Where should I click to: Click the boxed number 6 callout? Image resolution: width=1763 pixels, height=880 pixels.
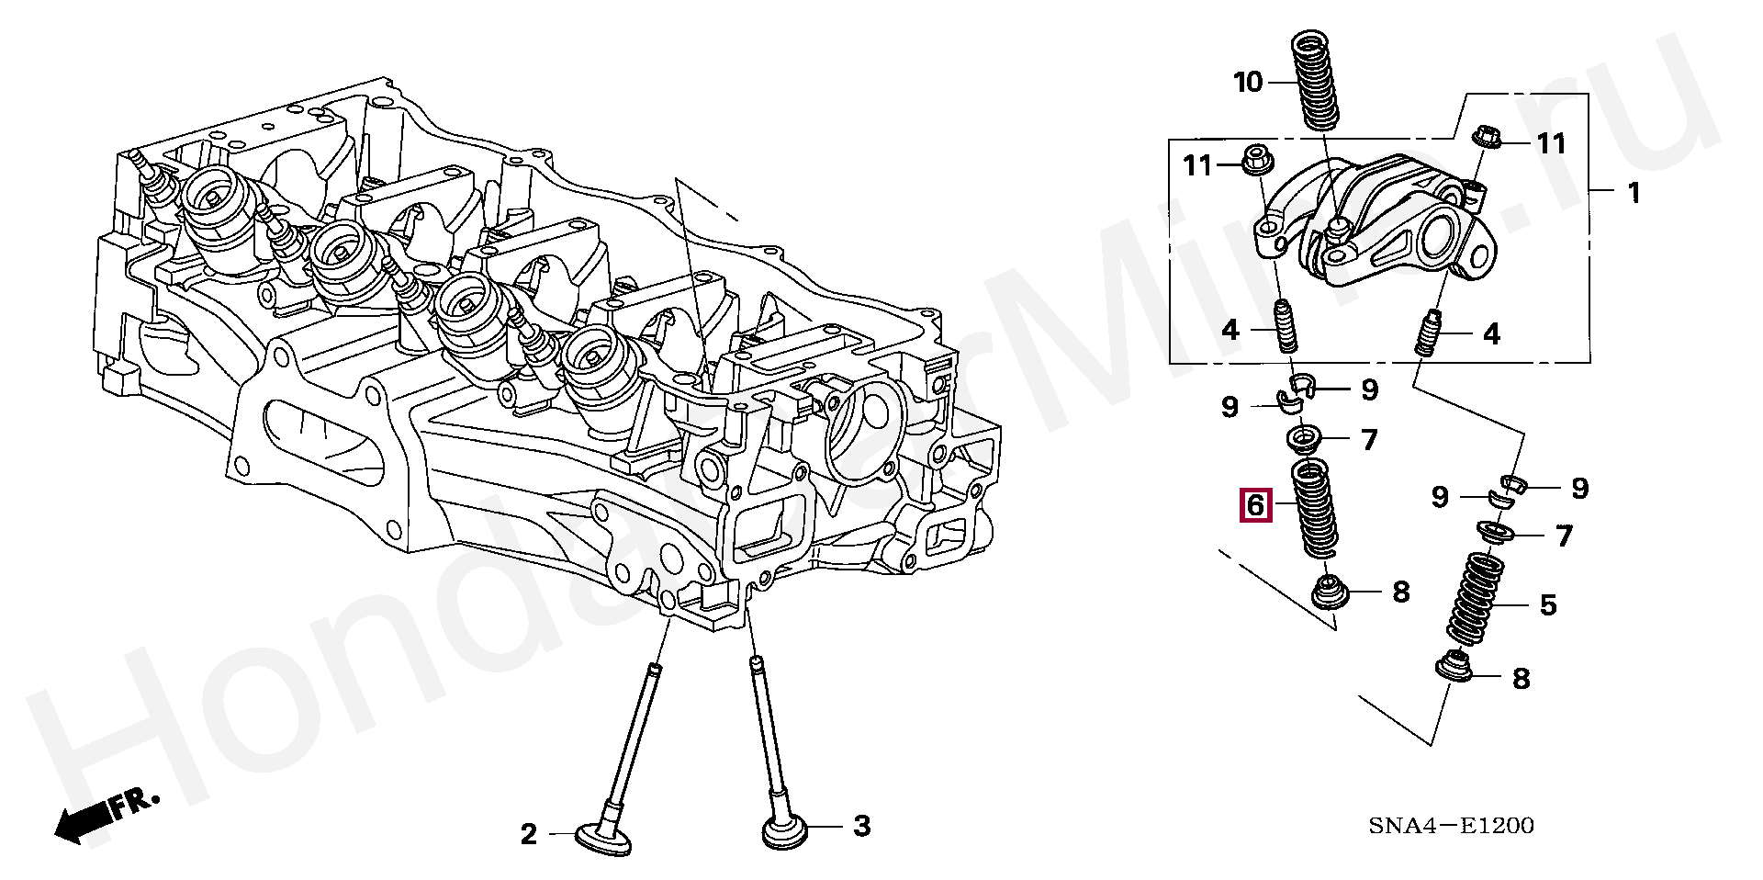1255,504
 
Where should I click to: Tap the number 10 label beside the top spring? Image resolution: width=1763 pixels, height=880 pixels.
1248,83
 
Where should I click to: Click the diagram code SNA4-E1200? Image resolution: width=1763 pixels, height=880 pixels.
1451,827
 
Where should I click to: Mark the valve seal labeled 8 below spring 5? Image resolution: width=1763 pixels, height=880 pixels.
1454,678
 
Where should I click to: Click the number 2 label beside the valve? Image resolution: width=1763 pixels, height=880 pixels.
528,834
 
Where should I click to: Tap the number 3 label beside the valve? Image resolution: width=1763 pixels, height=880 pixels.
860,827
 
